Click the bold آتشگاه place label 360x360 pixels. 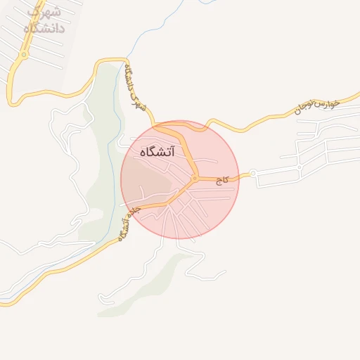[157, 151]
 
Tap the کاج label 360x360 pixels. [223, 181]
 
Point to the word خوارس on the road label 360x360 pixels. [326, 103]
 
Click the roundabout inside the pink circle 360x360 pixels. [194, 179]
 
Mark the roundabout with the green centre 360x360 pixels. [24, 55]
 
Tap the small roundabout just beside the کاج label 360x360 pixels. [252, 172]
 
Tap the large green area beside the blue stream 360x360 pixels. [98, 169]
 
